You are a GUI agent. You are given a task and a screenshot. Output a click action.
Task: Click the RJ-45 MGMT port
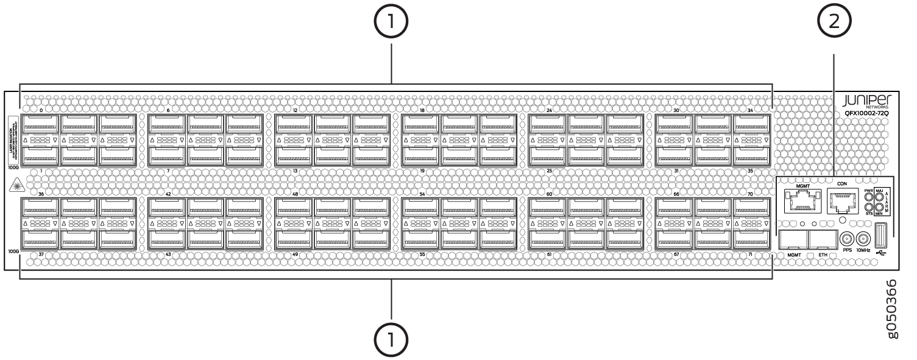[x=798, y=202]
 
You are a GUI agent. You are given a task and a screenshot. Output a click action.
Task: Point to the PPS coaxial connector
[x=847, y=239]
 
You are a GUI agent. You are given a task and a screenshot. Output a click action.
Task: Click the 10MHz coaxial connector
[x=862, y=239]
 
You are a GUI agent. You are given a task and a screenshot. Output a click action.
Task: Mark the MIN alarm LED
[x=879, y=207]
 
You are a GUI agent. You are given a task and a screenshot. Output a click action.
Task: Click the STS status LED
[x=869, y=207]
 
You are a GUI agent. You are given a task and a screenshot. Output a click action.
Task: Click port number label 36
[x=41, y=194]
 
